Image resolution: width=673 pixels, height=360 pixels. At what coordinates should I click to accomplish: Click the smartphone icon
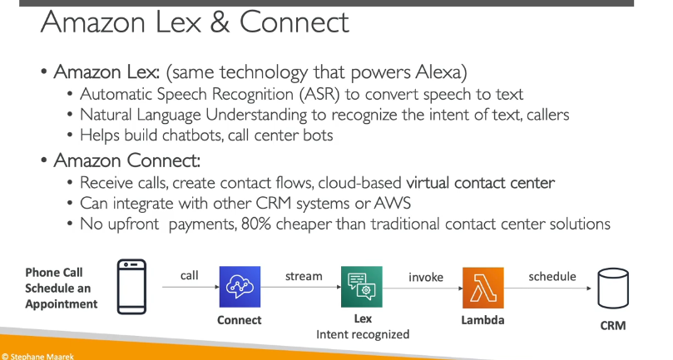tap(131, 287)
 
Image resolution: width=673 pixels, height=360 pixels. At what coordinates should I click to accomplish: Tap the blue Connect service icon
tap(240, 287)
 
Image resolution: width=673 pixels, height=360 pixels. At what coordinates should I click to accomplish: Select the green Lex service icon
tap(361, 287)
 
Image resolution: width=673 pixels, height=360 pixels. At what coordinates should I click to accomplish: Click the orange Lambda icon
tap(482, 288)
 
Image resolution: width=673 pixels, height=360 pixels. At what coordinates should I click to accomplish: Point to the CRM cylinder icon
tap(613, 288)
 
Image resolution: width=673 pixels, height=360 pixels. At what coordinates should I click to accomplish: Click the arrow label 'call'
tap(190, 275)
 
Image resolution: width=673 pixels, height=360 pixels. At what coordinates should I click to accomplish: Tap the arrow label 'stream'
tap(304, 276)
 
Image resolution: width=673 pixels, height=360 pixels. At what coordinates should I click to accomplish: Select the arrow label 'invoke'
tap(426, 277)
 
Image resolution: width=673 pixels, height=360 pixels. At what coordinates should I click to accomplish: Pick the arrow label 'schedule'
tap(552, 276)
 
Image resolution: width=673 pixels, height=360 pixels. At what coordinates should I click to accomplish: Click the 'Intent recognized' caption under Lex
tap(363, 334)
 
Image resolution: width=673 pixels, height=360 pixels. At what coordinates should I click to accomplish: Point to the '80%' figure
tap(256, 224)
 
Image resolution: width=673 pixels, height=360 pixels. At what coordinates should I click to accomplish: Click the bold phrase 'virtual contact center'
tap(480, 183)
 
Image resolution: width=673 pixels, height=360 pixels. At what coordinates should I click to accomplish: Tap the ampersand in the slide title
tap(220, 22)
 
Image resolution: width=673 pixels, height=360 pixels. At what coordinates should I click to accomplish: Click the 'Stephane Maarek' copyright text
tap(38, 356)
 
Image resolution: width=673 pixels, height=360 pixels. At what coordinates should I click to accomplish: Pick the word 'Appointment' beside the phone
tap(62, 304)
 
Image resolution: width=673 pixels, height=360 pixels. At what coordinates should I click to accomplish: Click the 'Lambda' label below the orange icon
tap(482, 320)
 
